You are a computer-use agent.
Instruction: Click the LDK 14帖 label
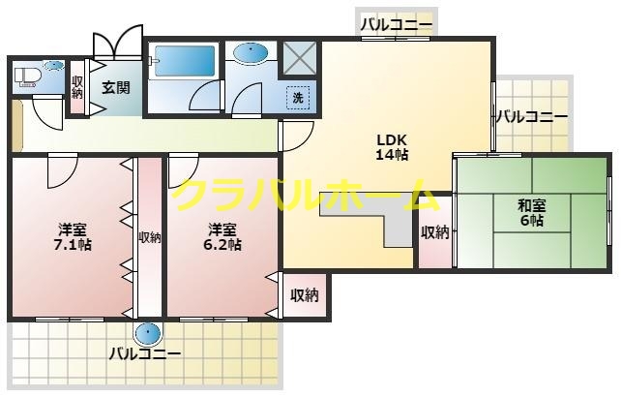(x=392, y=145)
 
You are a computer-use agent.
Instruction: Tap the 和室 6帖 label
(x=529, y=212)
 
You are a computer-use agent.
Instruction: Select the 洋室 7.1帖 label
(x=72, y=237)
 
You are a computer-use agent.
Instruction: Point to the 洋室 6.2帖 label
(x=222, y=237)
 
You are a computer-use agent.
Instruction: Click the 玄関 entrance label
(x=116, y=86)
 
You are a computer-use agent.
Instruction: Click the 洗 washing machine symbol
(x=298, y=96)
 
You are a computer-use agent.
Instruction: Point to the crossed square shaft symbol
(x=299, y=58)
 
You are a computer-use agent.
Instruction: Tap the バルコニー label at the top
(x=397, y=25)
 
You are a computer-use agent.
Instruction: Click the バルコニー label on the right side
(x=531, y=117)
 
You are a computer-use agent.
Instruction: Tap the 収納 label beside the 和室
(x=434, y=232)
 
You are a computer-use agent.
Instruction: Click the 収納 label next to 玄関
(x=77, y=87)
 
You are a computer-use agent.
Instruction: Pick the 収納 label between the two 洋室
(x=149, y=237)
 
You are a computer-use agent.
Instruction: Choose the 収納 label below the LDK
(x=305, y=295)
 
